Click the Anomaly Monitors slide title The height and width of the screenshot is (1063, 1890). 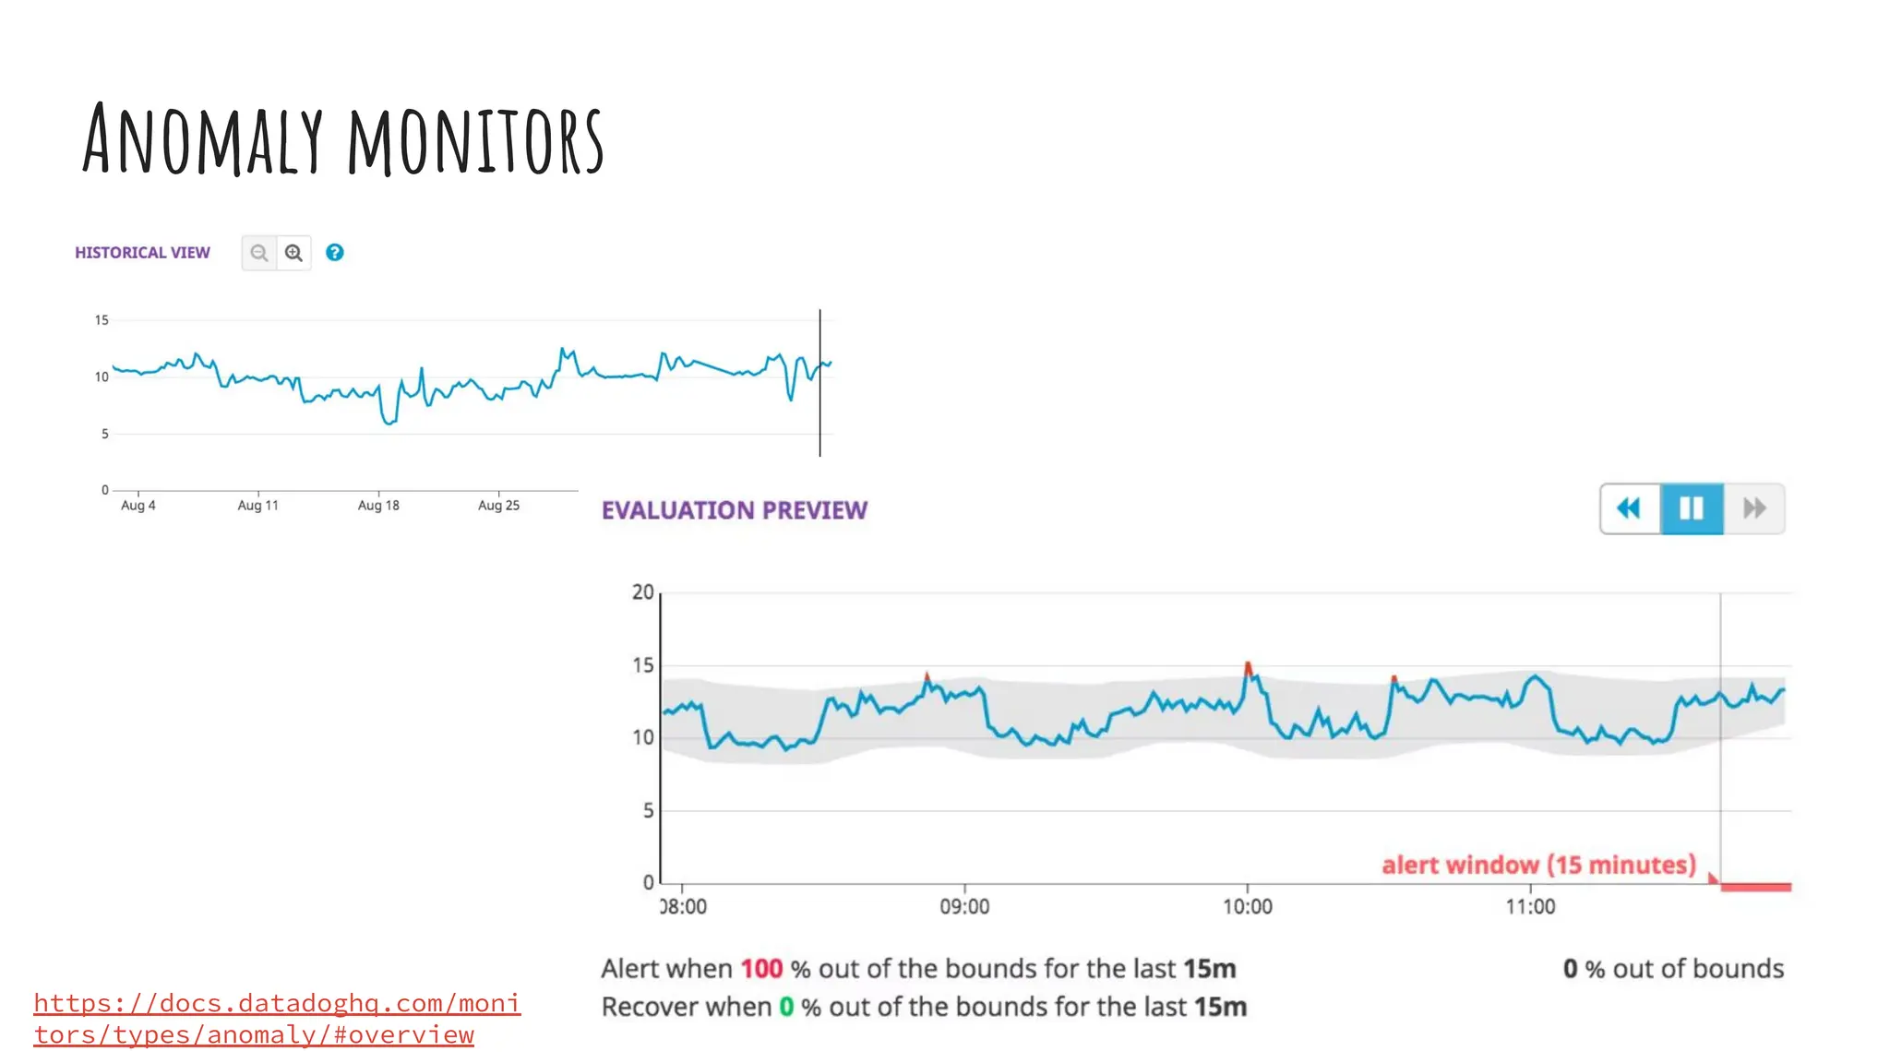[342, 140]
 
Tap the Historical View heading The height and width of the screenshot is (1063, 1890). [142, 253]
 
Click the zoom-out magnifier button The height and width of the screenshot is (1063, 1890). [259, 253]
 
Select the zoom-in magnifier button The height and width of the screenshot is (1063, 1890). [293, 253]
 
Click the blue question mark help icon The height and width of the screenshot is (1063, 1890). [335, 253]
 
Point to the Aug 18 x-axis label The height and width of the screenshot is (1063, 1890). [378, 505]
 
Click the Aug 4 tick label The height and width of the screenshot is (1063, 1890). [138, 505]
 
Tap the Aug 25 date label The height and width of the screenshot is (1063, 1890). [498, 505]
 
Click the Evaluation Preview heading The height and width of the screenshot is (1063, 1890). [735, 510]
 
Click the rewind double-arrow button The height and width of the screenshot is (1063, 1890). [1630, 508]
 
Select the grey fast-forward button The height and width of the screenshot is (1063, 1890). [1754, 508]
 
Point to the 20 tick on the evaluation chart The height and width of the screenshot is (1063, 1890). [642, 592]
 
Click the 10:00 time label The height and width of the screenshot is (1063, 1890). [1247, 907]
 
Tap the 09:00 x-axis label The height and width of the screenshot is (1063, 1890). [964, 907]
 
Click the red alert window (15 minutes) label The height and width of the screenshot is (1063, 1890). [1538, 866]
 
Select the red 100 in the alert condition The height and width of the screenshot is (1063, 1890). [761, 969]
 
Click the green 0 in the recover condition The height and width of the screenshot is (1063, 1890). [786, 1007]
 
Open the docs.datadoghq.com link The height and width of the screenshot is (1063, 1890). [277, 1019]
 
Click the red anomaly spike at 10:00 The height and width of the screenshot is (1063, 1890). [1248, 667]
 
